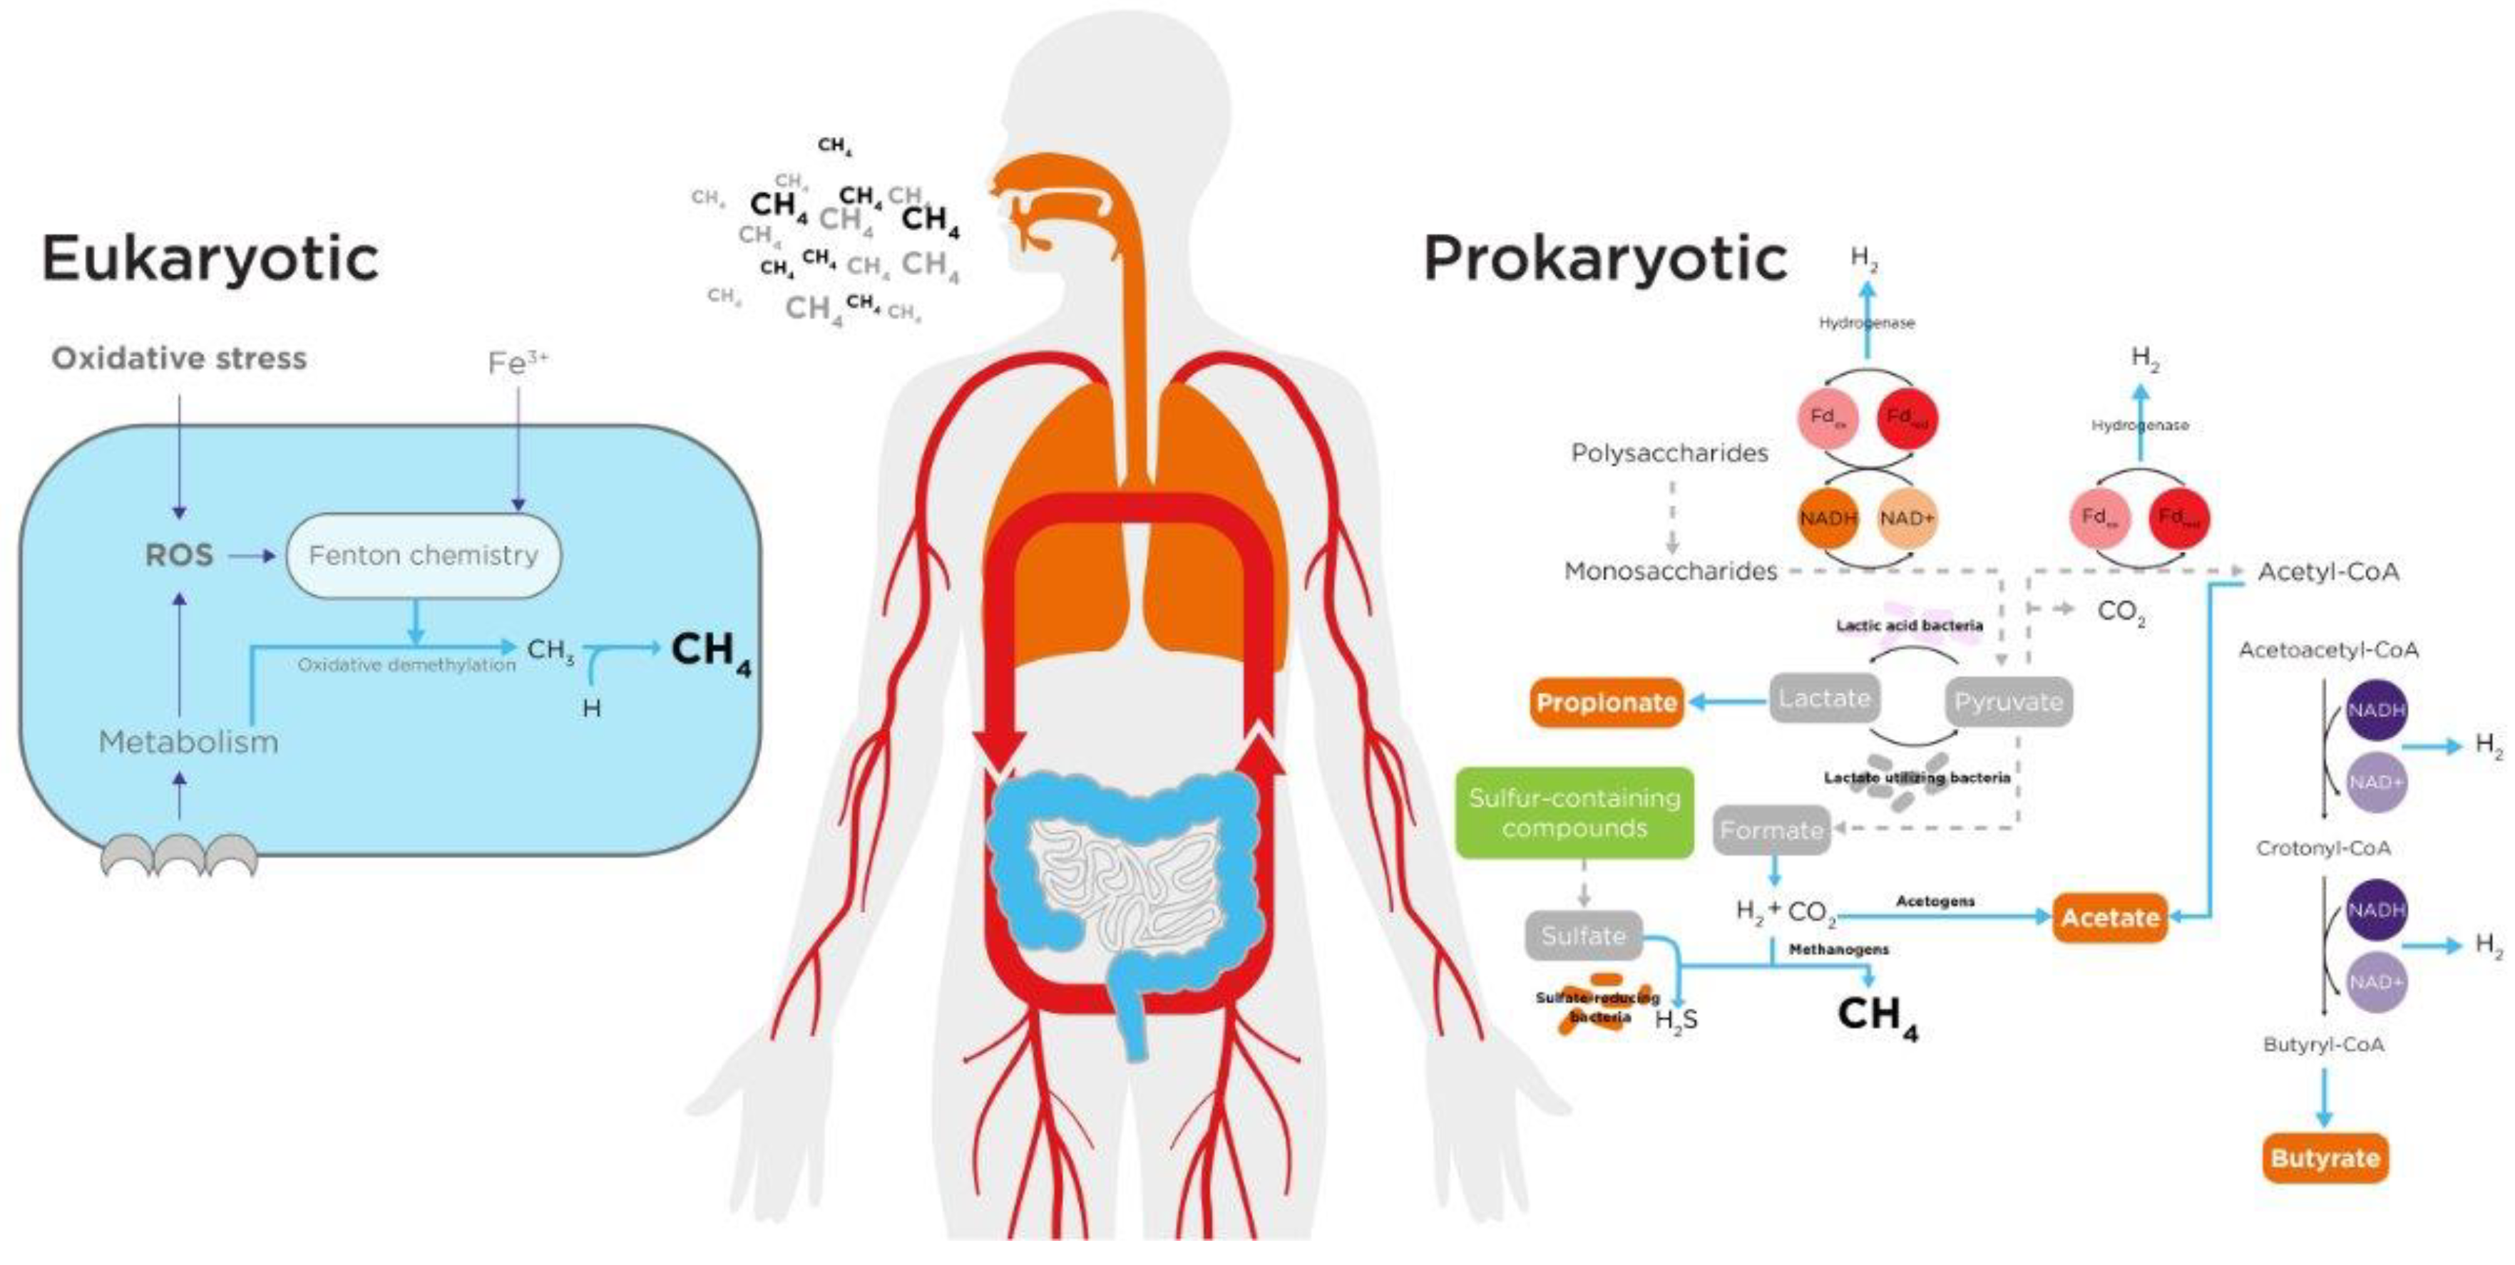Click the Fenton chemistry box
(x=423, y=555)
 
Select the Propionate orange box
(x=1606, y=703)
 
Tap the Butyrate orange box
(x=2325, y=1159)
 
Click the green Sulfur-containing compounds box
(x=1574, y=813)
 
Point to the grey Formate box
(x=1771, y=830)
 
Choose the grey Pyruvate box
(x=2007, y=702)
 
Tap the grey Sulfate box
(x=1582, y=936)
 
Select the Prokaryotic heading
(x=1604, y=259)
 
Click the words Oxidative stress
(x=179, y=358)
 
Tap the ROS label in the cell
(x=179, y=555)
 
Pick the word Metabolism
(x=188, y=742)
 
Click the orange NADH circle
(x=1828, y=518)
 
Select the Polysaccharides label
(x=1669, y=453)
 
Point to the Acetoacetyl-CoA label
(x=2327, y=650)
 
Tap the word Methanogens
(x=1838, y=949)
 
